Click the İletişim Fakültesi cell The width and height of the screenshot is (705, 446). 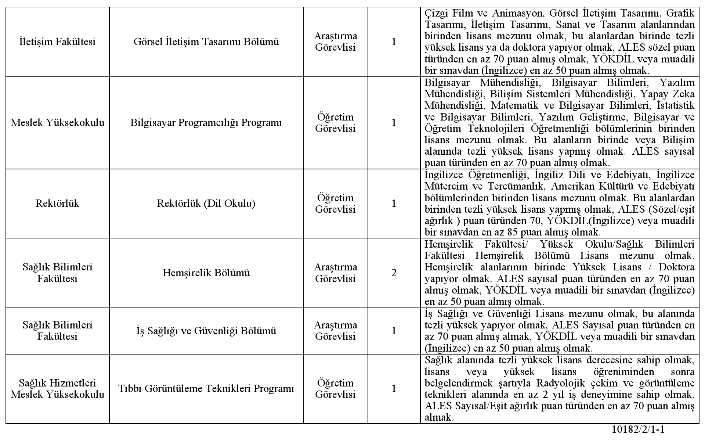tap(57, 42)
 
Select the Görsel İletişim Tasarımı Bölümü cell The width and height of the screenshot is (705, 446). tap(206, 42)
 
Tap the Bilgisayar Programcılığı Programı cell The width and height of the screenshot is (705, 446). tap(206, 123)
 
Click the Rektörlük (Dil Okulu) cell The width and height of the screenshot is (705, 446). tap(206, 204)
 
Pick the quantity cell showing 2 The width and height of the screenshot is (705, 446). tap(394, 273)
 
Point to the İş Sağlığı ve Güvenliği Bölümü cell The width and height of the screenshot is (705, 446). tap(206, 331)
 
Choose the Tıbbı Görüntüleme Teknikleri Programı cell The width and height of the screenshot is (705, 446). tap(206, 389)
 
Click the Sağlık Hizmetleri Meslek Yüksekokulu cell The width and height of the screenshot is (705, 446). tap(57, 389)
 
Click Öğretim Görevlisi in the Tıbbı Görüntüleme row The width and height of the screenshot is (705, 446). tap(335, 389)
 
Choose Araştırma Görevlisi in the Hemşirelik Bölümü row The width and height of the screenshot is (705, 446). tap(335, 273)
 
